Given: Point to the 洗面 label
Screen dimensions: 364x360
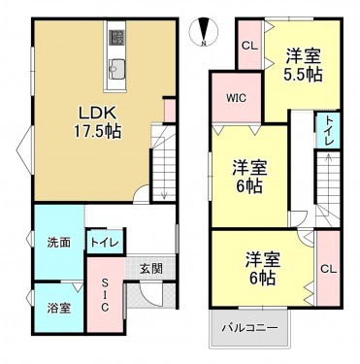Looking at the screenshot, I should tap(58, 242).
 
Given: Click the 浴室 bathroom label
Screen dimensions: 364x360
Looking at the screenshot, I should tap(58, 308).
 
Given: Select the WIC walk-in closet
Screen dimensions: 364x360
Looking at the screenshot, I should tap(238, 98).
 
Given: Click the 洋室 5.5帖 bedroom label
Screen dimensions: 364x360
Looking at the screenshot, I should tap(302, 62).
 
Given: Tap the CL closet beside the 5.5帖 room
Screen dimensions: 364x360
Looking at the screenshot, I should tap(248, 46).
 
